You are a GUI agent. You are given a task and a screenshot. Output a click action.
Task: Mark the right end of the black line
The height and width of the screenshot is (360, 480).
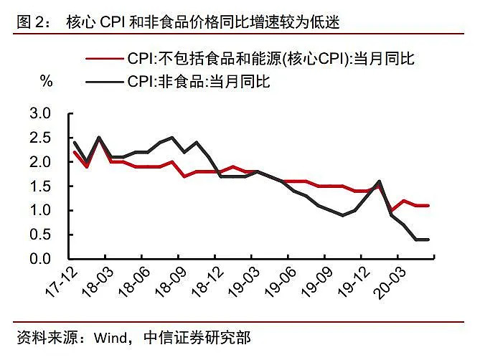[x=429, y=240]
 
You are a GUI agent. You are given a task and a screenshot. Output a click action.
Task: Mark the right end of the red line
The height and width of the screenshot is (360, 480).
[x=429, y=206]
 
